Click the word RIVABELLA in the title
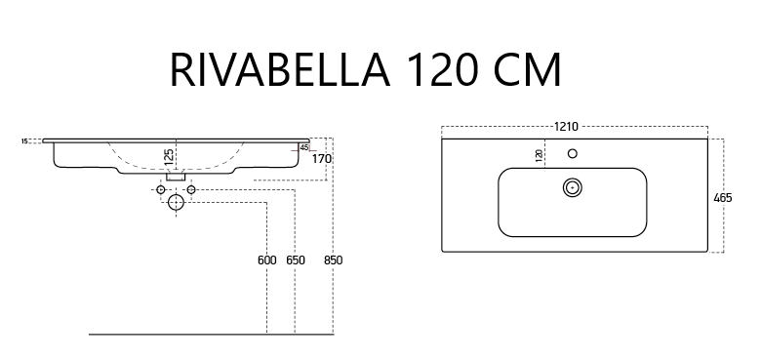tap(280, 70)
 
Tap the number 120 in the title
tap(443, 70)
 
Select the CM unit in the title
tap(528, 70)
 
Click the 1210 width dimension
tap(567, 127)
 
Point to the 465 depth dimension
tap(723, 198)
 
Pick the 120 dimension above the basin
tap(539, 156)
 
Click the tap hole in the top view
tap(573, 154)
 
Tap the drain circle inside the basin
tap(573, 187)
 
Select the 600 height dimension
tap(267, 260)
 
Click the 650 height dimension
tap(296, 260)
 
